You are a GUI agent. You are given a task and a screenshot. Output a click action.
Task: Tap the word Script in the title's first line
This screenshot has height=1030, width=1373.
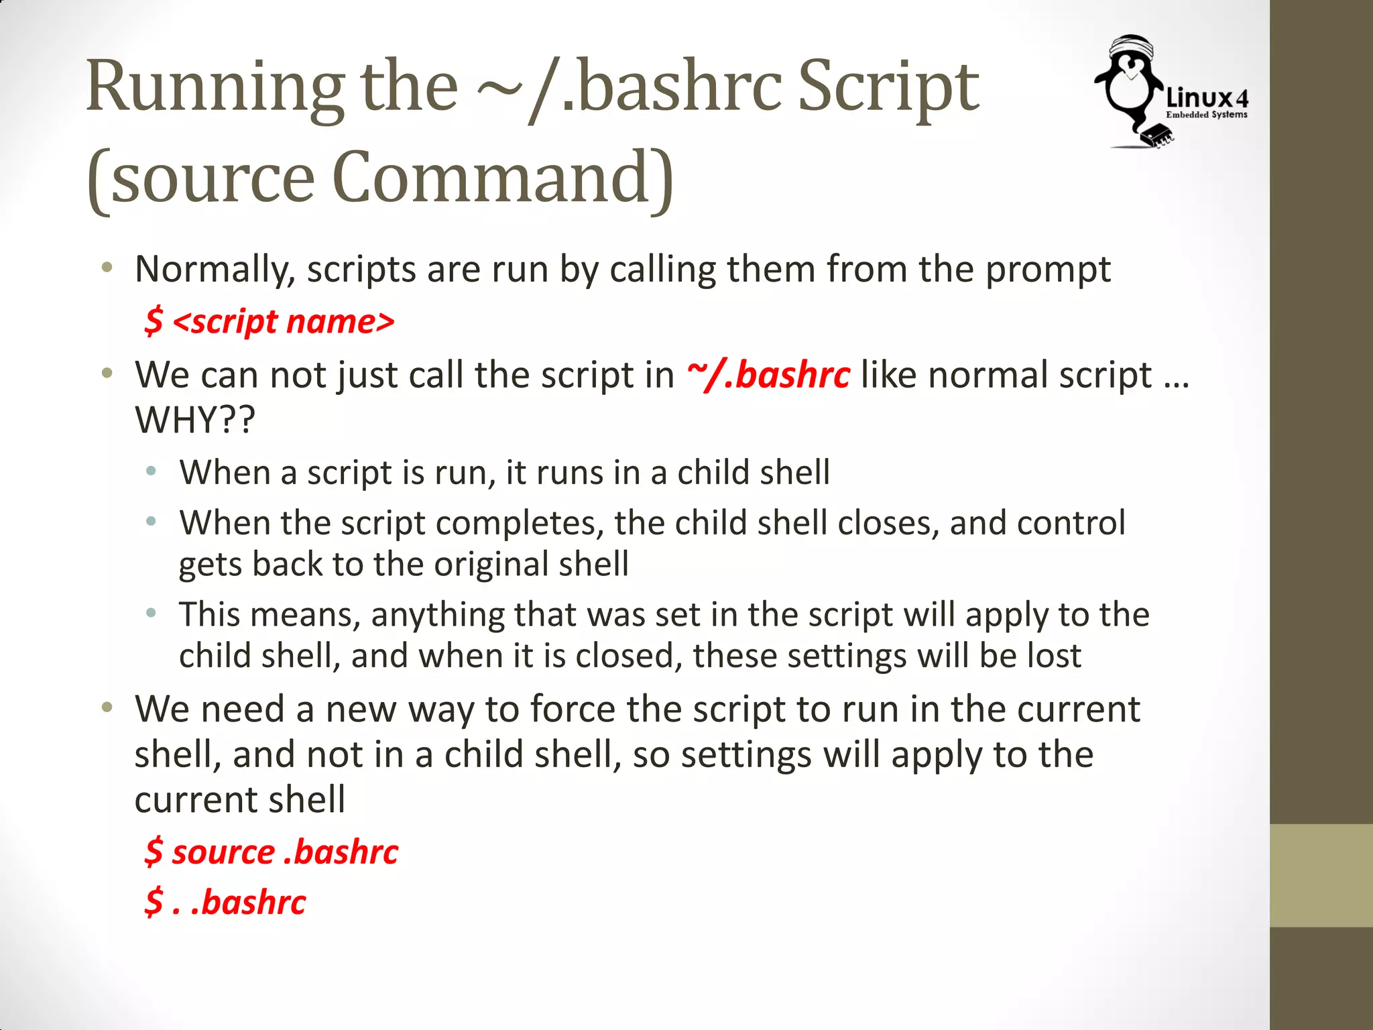888,87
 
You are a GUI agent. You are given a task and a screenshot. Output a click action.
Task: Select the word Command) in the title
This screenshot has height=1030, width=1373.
503,178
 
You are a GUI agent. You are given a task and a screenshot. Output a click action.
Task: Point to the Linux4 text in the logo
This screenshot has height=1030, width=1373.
1207,99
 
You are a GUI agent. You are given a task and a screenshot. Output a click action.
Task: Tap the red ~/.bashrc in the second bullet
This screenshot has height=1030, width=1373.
768,374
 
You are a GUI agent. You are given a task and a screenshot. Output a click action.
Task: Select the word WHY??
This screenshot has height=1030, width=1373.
195,420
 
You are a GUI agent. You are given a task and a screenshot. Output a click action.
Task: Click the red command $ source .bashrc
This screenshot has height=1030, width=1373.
272,852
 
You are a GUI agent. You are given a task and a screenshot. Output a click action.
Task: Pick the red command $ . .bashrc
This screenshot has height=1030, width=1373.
225,902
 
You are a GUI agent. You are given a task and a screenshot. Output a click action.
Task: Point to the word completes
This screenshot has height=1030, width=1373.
520,523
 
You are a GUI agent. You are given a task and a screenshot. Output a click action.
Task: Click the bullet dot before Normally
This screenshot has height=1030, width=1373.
107,269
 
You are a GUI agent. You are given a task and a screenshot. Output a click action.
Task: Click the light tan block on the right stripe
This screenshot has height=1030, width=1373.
1321,875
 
